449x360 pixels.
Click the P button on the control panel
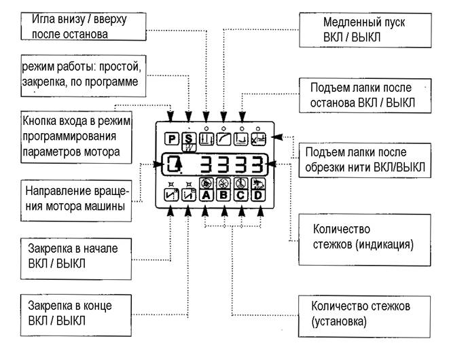(172, 139)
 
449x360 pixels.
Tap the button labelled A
(206, 196)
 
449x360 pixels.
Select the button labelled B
(223, 196)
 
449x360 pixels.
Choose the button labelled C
(241, 196)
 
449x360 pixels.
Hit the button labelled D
(258, 196)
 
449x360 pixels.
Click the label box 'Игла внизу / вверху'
(84, 26)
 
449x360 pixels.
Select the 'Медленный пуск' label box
(365, 30)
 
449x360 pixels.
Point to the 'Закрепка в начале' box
(76, 259)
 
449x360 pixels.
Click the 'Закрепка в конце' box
(76, 315)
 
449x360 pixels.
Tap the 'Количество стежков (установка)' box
(364, 317)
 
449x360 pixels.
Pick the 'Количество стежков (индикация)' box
(365, 240)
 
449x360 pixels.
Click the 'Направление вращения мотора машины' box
(76, 200)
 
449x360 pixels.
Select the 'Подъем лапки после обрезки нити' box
(365, 160)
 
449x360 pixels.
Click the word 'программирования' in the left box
(69, 137)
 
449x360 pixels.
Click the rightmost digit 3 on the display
(257, 164)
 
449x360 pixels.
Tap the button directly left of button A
(189, 196)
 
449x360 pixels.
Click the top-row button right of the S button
(206, 139)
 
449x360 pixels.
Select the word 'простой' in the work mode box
(120, 67)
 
